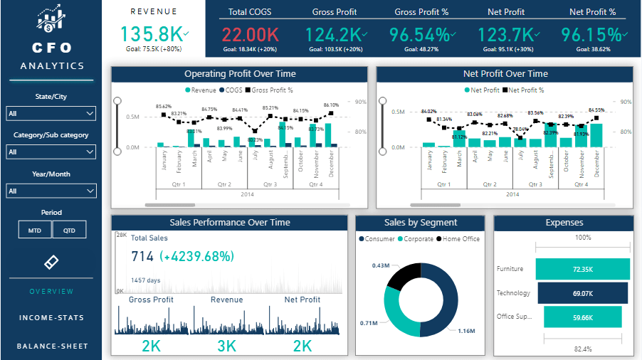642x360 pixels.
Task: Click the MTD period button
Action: coord(35,230)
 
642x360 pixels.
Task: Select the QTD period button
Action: coord(69,230)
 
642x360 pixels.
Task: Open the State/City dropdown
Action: coord(51,114)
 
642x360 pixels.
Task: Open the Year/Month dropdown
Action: coord(51,191)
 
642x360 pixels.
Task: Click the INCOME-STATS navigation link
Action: coord(51,318)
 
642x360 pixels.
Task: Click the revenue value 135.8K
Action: coord(150,34)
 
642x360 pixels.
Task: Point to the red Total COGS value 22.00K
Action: coord(249,34)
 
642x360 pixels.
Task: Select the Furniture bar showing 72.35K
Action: coord(582,269)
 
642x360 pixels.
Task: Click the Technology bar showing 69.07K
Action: coord(582,293)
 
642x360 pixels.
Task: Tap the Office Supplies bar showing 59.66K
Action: coord(582,317)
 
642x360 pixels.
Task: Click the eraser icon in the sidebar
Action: coord(51,263)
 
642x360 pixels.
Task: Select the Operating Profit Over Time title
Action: coord(240,74)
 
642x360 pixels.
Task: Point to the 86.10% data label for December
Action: coord(332,105)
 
